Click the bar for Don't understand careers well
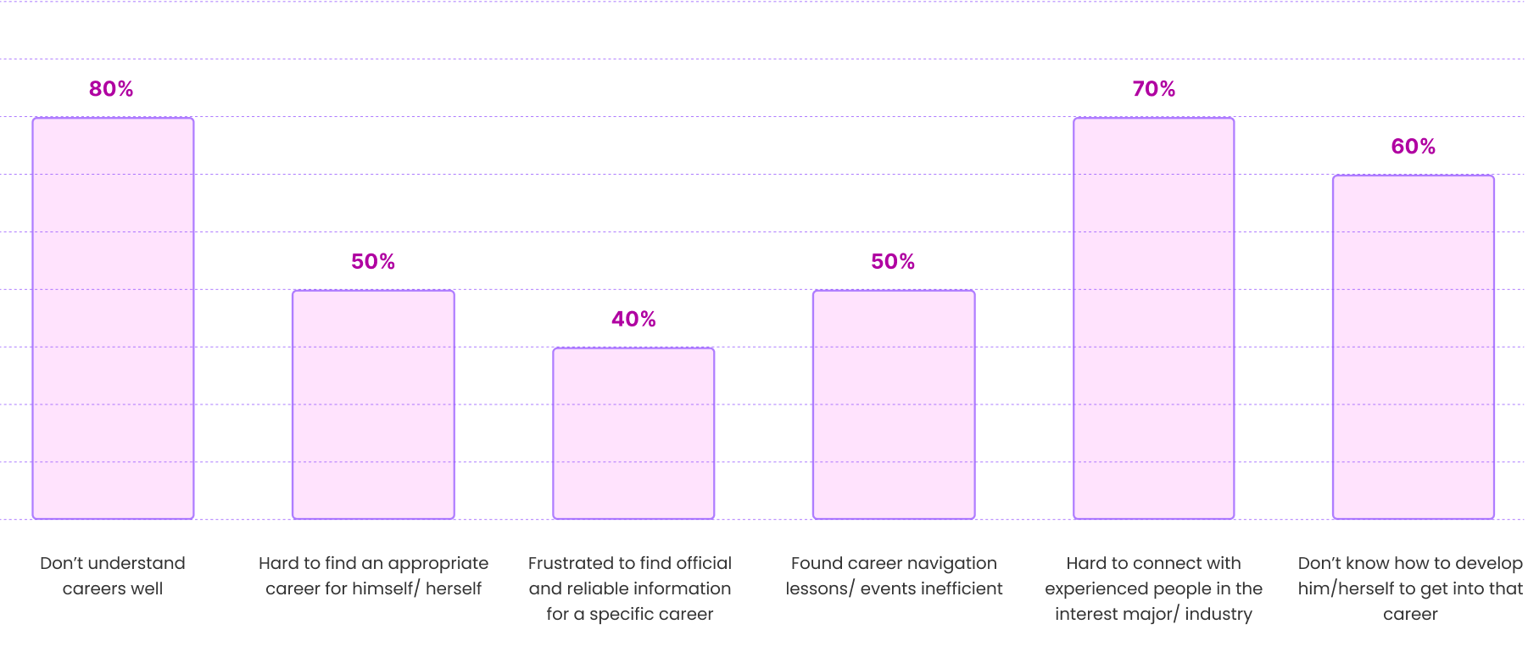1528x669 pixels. pos(113,318)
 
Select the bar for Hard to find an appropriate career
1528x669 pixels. pos(373,404)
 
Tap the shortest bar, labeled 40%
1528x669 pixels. pos(633,432)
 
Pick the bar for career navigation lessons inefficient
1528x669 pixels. pos(894,404)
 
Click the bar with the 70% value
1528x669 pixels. pos(1153,318)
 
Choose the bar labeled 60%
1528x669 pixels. pos(1413,347)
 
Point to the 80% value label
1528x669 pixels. pos(111,89)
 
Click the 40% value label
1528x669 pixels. pos(633,319)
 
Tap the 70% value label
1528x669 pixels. pos(1153,89)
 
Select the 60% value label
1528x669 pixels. pos(1413,147)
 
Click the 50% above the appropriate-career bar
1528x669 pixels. pos(373,262)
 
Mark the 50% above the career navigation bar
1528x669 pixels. pos(893,262)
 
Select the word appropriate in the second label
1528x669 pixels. pos(438,563)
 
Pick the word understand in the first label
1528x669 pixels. pos(137,563)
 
